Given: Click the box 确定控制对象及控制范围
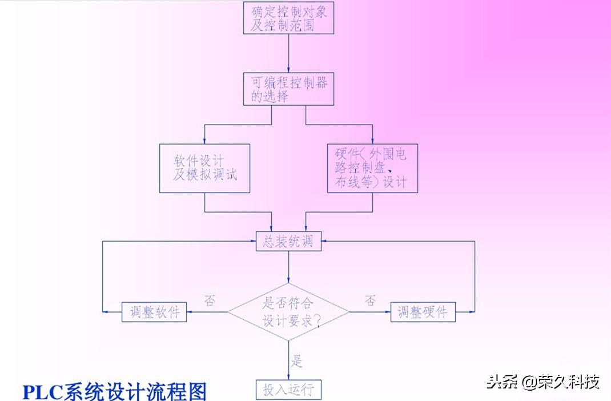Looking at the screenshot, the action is tap(288, 18).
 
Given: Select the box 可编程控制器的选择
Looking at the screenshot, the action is tap(288, 89).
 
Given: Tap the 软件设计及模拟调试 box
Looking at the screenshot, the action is tap(205, 167).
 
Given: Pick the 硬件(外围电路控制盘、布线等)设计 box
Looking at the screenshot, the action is tap(372, 167).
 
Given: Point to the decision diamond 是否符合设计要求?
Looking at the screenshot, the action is tap(288, 312).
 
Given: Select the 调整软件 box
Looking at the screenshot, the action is tap(154, 312).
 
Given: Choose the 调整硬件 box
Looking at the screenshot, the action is tap(423, 312).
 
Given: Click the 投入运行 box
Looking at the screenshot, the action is tap(288, 390).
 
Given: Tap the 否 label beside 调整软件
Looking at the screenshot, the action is tap(210, 300).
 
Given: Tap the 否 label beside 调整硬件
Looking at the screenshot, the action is tap(370, 300).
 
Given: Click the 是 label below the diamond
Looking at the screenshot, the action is tap(296, 361).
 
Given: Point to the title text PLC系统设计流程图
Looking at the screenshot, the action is tap(114, 392).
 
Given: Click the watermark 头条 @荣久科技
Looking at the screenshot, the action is tap(542, 381).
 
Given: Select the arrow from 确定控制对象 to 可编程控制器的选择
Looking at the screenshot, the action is tap(288, 53).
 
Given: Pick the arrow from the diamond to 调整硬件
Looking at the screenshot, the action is tap(369, 312).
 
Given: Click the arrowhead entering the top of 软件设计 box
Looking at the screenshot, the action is tap(205, 141).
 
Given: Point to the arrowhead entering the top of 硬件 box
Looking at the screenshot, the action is tap(372, 141).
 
